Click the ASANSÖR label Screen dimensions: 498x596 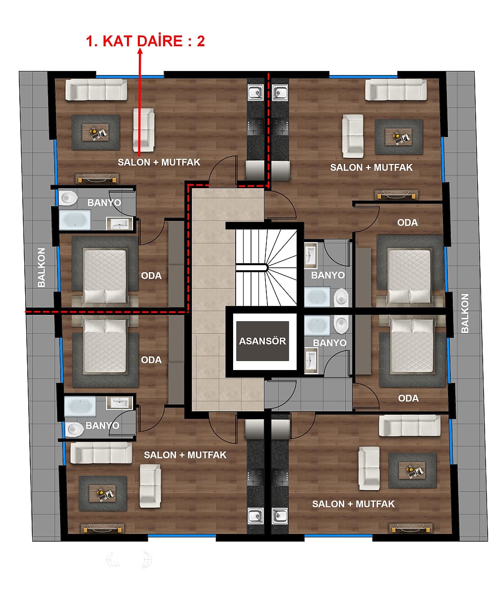[262, 341]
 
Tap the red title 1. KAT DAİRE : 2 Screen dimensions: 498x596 [145, 41]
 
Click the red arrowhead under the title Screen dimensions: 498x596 [140, 51]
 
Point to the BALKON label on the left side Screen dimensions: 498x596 [41, 267]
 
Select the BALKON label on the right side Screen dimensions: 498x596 [465, 313]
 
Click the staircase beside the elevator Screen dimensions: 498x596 [266, 268]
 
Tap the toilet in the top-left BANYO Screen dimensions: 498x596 [68, 198]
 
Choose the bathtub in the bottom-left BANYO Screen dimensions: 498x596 [80, 406]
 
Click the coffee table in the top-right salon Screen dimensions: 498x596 [398, 137]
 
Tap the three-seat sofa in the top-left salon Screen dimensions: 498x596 [96, 89]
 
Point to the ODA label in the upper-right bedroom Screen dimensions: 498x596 [407, 223]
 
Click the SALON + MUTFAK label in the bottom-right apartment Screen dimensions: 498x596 [353, 504]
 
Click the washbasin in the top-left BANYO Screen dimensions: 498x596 [120, 223]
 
